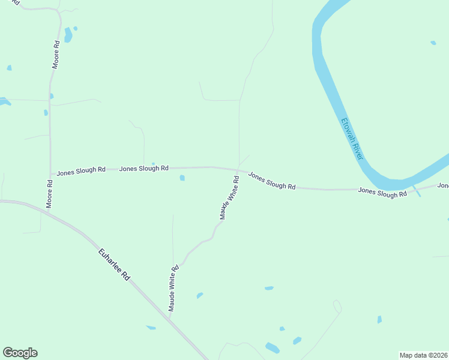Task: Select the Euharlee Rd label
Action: [114, 265]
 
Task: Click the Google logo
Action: [20, 353]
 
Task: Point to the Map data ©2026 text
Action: [423, 355]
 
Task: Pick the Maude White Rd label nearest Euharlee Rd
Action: [173, 289]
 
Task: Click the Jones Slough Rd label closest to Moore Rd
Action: [81, 171]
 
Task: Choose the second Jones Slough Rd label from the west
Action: [143, 169]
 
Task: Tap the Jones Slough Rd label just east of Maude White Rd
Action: [272, 182]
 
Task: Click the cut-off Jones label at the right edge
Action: [443, 185]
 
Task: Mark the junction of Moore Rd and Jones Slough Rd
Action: [50, 175]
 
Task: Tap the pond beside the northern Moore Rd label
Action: [68, 35]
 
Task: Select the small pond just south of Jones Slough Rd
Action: [182, 178]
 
